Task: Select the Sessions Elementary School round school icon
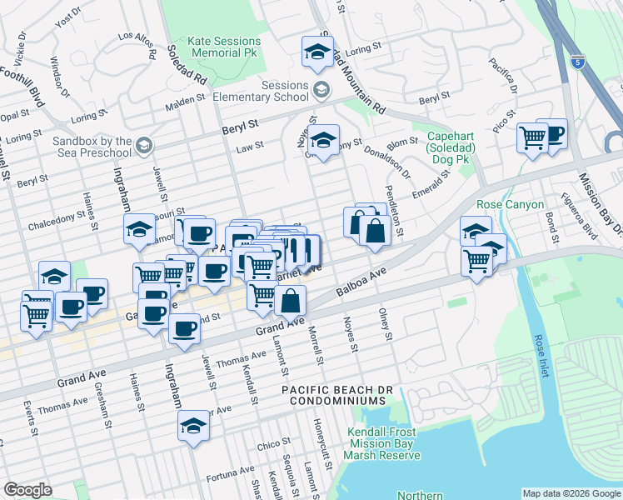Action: tap(321, 89)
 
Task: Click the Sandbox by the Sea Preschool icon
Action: tap(145, 147)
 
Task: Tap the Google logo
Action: tap(27, 490)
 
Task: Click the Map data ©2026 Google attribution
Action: tap(571, 493)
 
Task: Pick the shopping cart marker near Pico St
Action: tap(531, 137)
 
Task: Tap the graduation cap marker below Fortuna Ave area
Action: tap(193, 425)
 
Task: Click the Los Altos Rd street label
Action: tap(137, 36)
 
